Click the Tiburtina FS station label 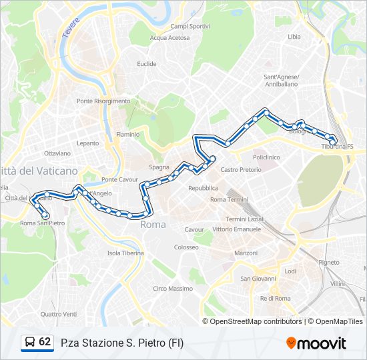pos(338,147)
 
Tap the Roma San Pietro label pos(43,223)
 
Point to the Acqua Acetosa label pos(169,38)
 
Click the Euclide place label pos(147,64)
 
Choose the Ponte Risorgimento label pos(103,101)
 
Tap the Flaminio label pos(128,134)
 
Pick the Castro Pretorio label pos(241,169)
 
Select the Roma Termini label pos(229,199)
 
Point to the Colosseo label pos(186,247)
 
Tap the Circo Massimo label pos(173,289)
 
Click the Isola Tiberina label pos(125,253)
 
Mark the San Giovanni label pos(254,278)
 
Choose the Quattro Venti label pos(59,314)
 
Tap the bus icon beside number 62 pos(29,342)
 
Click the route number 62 pos(45,341)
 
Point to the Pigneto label pos(328,263)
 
